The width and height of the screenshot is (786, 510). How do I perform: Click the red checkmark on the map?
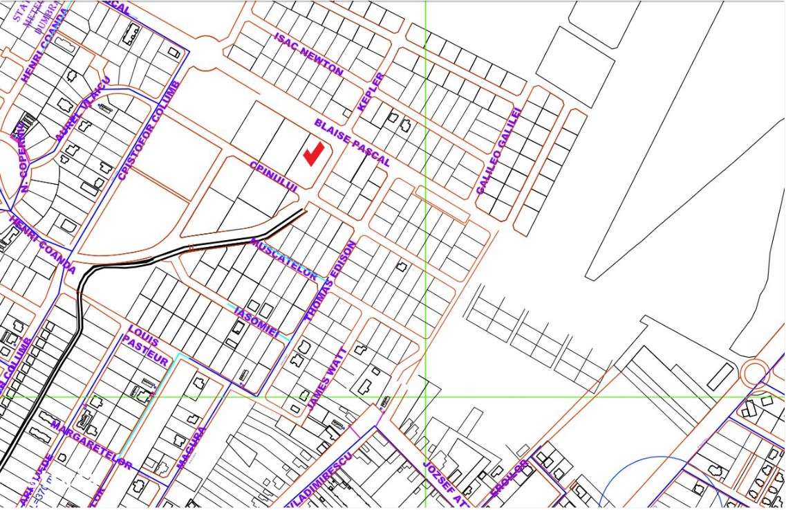click(314, 154)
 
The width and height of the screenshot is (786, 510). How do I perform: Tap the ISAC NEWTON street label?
click(308, 54)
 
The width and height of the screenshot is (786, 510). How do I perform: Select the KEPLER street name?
click(371, 91)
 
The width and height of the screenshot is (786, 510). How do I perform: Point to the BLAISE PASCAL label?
click(353, 143)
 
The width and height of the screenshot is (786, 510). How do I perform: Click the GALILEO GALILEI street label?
click(498, 150)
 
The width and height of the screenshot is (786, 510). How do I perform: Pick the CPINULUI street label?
click(274, 176)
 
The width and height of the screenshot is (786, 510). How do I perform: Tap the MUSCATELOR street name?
click(284, 259)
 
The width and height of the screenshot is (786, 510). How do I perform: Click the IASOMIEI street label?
click(256, 321)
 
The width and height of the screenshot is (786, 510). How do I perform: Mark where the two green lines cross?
click(425, 397)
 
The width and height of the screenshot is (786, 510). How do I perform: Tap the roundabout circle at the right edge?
click(754, 373)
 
